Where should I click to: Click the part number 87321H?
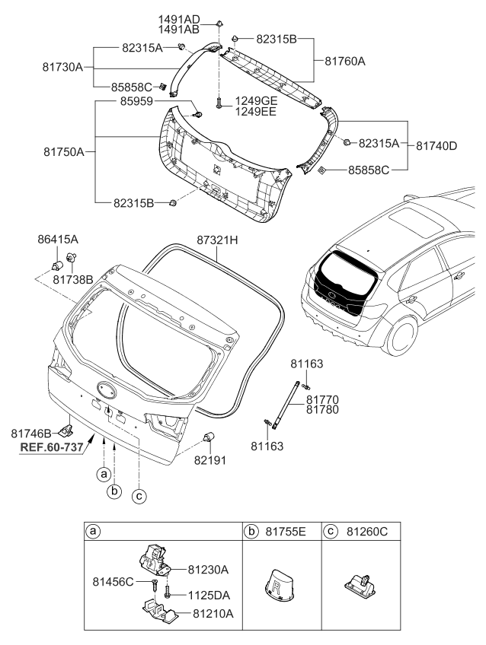[x=217, y=240]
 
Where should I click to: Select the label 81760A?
[x=344, y=61]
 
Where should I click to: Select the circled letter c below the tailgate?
[x=138, y=497]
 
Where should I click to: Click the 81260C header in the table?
[x=365, y=529]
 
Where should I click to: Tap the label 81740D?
[x=436, y=145]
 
